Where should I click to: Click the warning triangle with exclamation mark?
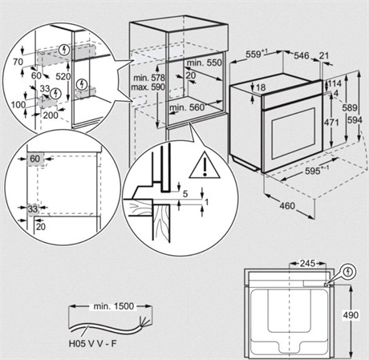tap(205, 166)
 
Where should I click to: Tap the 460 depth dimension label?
tap(287, 206)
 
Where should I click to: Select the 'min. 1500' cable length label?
tap(113, 306)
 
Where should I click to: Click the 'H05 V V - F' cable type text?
tap(93, 343)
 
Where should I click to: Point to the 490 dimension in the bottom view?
tap(351, 315)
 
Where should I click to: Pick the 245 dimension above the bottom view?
tap(307, 264)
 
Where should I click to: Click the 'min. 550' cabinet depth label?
tap(205, 63)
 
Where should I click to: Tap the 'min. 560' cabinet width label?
tap(187, 107)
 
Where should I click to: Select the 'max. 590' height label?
tap(148, 87)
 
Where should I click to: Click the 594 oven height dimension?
tap(355, 120)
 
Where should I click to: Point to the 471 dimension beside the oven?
tap(331, 123)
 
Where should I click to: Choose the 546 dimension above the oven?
tap(302, 55)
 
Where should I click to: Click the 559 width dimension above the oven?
tap(255, 55)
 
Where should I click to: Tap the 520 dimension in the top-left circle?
tap(63, 77)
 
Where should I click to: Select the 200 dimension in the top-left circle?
tap(51, 115)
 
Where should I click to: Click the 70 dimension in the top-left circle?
tap(18, 62)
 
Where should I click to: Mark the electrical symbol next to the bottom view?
tap(348, 272)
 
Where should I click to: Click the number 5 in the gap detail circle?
tap(185, 194)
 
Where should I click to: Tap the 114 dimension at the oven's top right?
tap(335, 83)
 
